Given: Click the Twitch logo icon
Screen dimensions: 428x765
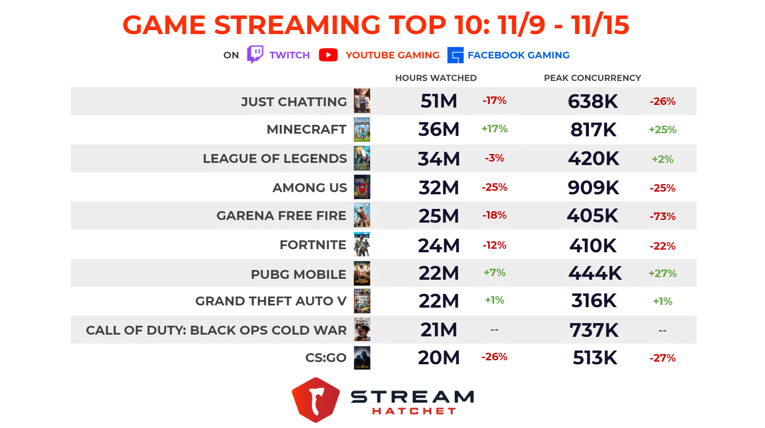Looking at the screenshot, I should (x=255, y=54).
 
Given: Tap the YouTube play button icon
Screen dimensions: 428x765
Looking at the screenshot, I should (x=328, y=55).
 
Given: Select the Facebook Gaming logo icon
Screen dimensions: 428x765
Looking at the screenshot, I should (x=455, y=55).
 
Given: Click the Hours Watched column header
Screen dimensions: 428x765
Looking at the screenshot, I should (x=436, y=78).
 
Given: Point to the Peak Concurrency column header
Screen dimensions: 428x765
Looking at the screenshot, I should (x=592, y=78).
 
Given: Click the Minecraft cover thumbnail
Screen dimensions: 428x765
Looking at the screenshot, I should (x=362, y=129).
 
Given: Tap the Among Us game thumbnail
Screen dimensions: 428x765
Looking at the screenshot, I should (x=362, y=187).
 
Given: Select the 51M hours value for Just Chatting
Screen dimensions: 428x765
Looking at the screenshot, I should (x=438, y=101).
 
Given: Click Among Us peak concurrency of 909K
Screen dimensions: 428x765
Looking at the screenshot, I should (x=593, y=188).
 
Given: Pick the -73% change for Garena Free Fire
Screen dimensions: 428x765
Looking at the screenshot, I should (x=662, y=216).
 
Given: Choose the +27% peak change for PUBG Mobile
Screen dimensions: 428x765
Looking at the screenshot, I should (x=662, y=274).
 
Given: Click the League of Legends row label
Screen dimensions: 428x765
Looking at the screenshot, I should (x=274, y=158).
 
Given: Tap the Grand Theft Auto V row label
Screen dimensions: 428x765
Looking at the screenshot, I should (x=270, y=301).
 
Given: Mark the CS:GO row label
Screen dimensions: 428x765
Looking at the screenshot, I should (x=325, y=358).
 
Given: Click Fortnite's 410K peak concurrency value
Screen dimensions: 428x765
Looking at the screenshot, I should (x=593, y=246).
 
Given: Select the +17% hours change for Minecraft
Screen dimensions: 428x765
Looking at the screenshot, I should (x=494, y=129).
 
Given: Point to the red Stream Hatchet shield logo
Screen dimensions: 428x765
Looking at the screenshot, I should (x=316, y=400).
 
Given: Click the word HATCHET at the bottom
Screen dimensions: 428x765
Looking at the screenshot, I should (x=413, y=411).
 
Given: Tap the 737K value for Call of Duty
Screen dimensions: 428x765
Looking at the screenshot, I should (x=594, y=330).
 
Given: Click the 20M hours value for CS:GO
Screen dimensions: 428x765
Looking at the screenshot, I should (x=438, y=358).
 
